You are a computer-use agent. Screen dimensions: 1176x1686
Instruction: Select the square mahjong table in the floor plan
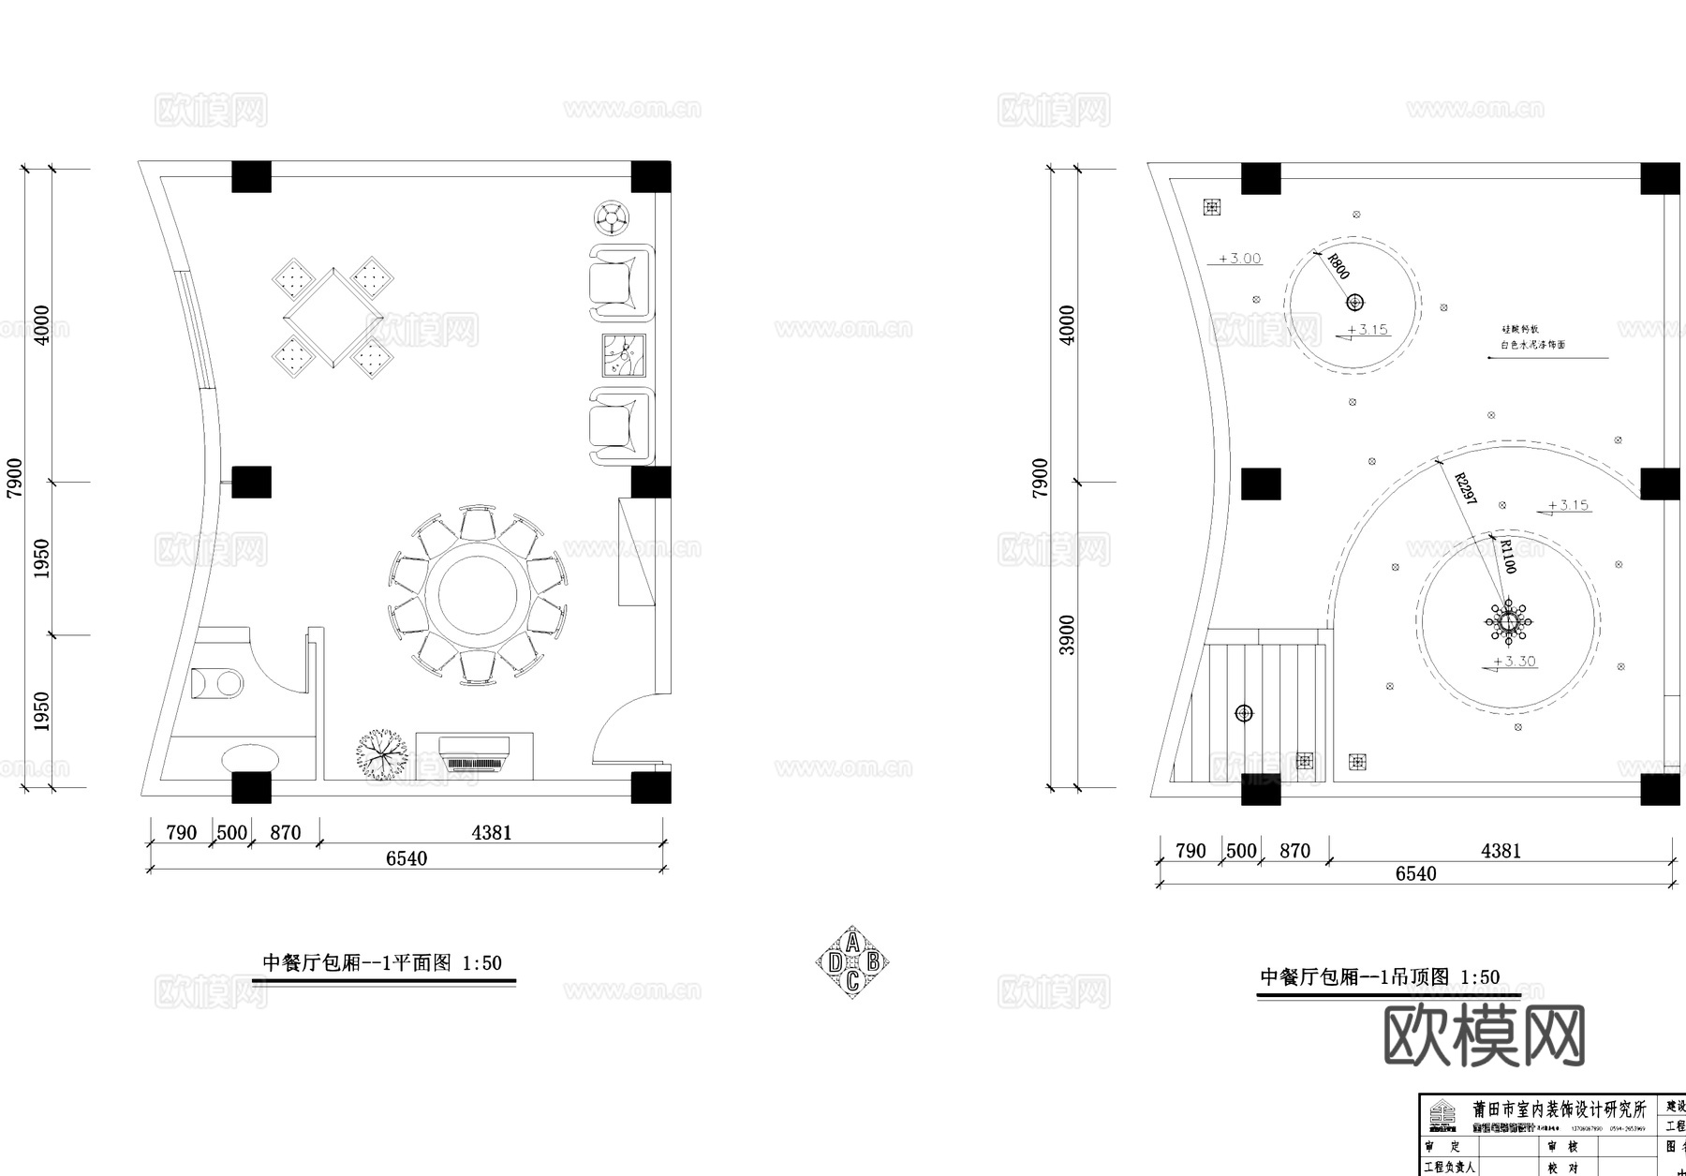[332, 318]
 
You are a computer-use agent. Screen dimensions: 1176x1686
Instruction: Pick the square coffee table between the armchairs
[624, 355]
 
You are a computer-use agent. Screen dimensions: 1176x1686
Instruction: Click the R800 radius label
[1338, 267]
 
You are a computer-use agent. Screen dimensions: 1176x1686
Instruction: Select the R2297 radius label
[1465, 489]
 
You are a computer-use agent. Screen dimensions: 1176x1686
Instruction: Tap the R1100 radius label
[1507, 557]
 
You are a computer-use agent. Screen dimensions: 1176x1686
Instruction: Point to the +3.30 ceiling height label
[1514, 662]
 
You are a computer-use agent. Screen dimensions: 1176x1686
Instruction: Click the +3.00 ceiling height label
[1239, 259]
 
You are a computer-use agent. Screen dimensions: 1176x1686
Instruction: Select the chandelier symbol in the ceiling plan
[1509, 621]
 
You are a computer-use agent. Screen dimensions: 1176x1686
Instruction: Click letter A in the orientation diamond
[852, 942]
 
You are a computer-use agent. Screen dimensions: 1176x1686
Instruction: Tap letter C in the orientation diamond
[852, 982]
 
